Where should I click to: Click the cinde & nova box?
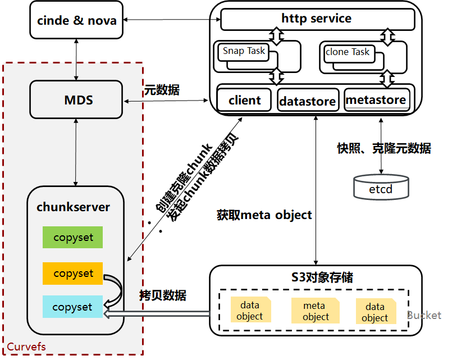(76, 21)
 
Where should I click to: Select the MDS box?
(76, 100)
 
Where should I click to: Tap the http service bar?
(317, 19)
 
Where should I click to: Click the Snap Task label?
(244, 51)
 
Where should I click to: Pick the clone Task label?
(348, 52)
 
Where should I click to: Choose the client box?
(244, 101)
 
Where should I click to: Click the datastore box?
(308, 102)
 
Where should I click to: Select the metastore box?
(376, 100)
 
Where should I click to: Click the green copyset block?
(73, 238)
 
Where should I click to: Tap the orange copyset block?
(73, 274)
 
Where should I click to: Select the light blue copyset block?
(73, 307)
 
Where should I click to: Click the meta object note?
(315, 311)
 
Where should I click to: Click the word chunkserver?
(74, 207)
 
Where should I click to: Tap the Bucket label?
(424, 315)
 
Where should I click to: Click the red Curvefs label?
(26, 347)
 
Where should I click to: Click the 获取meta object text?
(264, 215)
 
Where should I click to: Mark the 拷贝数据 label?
(163, 295)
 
